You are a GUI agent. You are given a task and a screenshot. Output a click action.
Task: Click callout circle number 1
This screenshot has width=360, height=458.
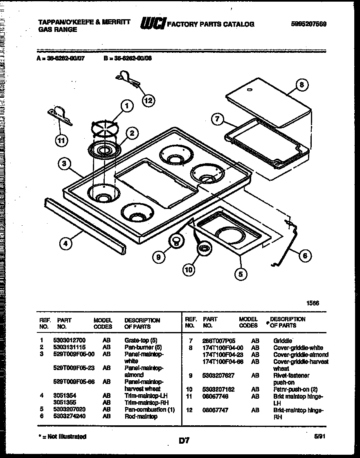tap(127, 106)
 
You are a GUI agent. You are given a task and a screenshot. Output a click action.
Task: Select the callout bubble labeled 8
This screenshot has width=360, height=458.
tap(301, 85)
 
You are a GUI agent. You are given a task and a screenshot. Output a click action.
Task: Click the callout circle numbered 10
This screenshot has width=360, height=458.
tap(189, 269)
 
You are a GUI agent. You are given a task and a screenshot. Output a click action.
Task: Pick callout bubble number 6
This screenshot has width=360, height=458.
tap(304, 256)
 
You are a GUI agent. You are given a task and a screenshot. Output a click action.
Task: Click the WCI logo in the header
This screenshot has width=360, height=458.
tap(153, 24)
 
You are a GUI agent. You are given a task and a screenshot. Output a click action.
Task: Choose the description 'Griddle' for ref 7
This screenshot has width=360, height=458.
tap(283, 340)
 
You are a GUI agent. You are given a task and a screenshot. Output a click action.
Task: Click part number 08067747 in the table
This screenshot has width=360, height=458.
tap(215, 410)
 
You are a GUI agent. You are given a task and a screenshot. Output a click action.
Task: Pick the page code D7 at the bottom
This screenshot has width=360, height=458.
tap(184, 440)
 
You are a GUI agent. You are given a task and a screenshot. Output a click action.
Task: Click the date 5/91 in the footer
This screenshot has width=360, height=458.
tap(320, 436)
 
